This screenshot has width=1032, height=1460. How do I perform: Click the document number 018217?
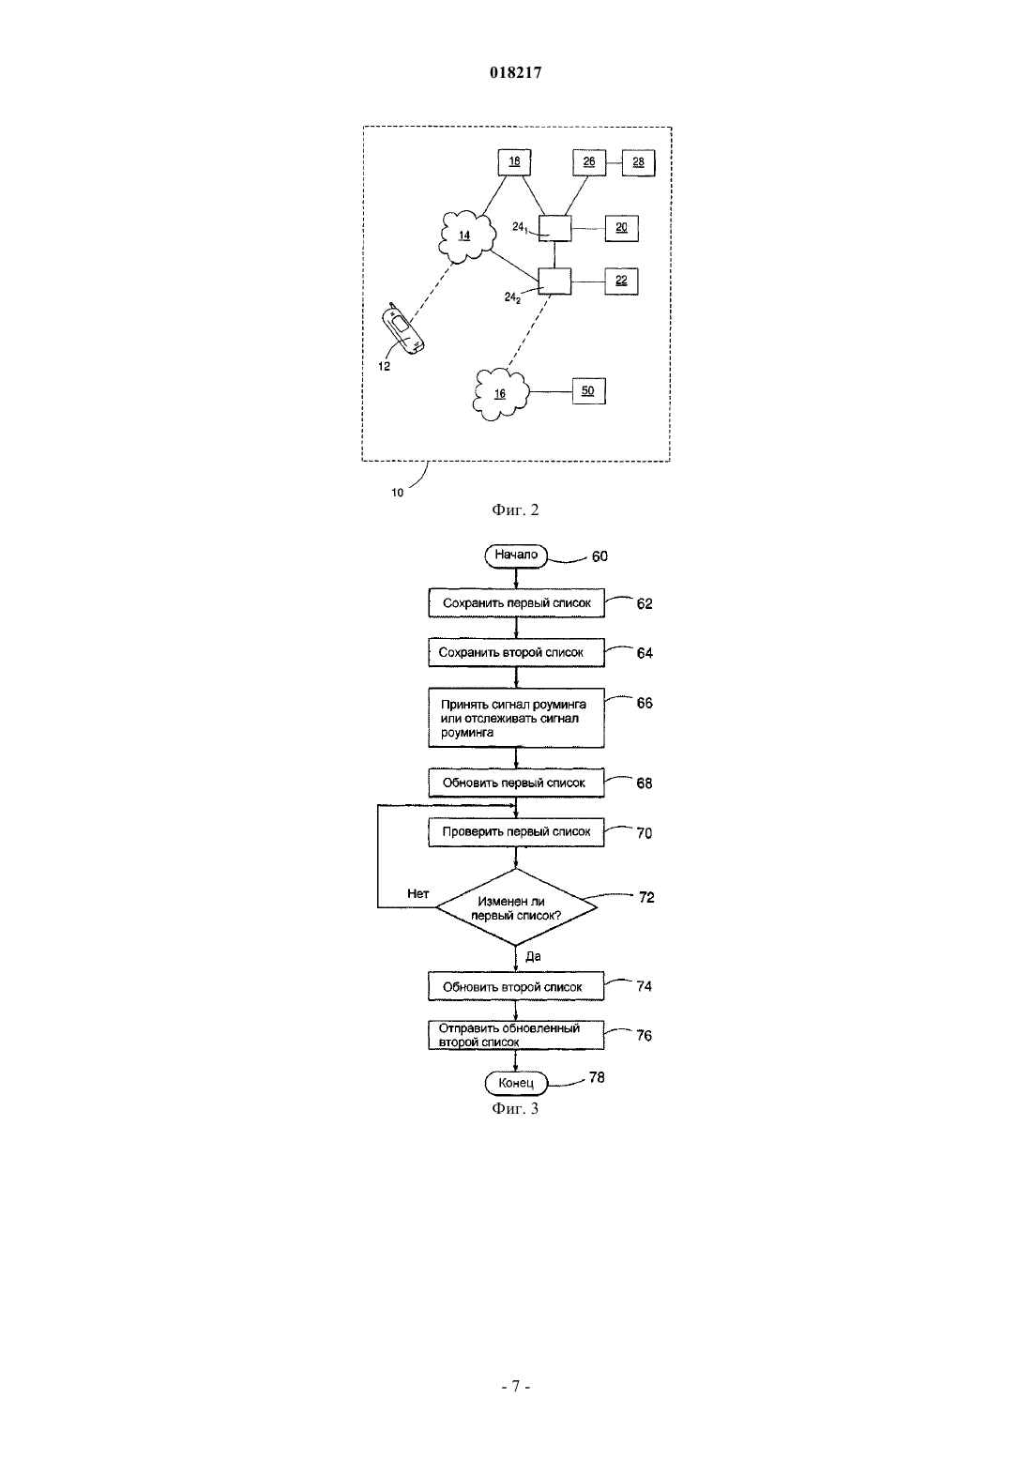click(x=515, y=72)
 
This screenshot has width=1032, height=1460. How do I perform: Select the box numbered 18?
click(x=515, y=162)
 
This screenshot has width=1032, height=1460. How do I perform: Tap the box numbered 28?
click(x=639, y=162)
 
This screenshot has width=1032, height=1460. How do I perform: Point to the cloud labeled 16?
click(x=500, y=394)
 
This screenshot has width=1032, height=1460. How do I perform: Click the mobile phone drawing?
click(x=402, y=329)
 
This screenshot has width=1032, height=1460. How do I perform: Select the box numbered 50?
click(x=588, y=391)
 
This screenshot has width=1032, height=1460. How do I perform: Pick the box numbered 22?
click(x=621, y=281)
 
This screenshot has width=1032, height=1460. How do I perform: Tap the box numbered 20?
click(x=621, y=228)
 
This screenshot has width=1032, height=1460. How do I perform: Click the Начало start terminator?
click(x=516, y=555)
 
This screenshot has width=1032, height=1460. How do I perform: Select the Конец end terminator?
click(x=516, y=1083)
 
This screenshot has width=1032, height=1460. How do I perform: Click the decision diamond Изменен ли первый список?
click(x=516, y=907)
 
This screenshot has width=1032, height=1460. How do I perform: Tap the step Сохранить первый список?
click(x=516, y=603)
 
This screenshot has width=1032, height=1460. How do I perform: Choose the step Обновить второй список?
click(x=516, y=987)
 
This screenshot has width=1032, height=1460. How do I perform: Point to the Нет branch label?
click(x=418, y=893)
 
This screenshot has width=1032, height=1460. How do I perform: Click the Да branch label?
click(x=533, y=957)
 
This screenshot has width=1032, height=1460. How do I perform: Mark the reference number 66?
click(x=645, y=703)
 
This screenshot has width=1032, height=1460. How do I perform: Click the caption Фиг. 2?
click(x=515, y=509)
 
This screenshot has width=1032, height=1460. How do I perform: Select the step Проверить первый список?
click(x=516, y=832)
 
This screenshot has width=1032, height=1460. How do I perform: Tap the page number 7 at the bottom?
click(x=515, y=1387)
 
